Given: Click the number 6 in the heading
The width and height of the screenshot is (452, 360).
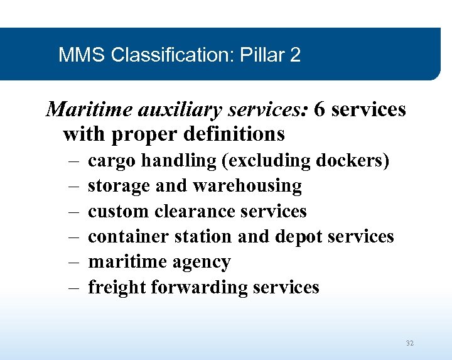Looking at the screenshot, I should click(x=319, y=109).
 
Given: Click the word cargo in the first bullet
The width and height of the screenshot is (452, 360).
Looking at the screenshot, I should click(x=112, y=161).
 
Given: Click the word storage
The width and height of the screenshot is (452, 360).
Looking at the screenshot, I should click(x=116, y=187).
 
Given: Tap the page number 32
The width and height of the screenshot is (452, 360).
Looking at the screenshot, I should click(x=410, y=343).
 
